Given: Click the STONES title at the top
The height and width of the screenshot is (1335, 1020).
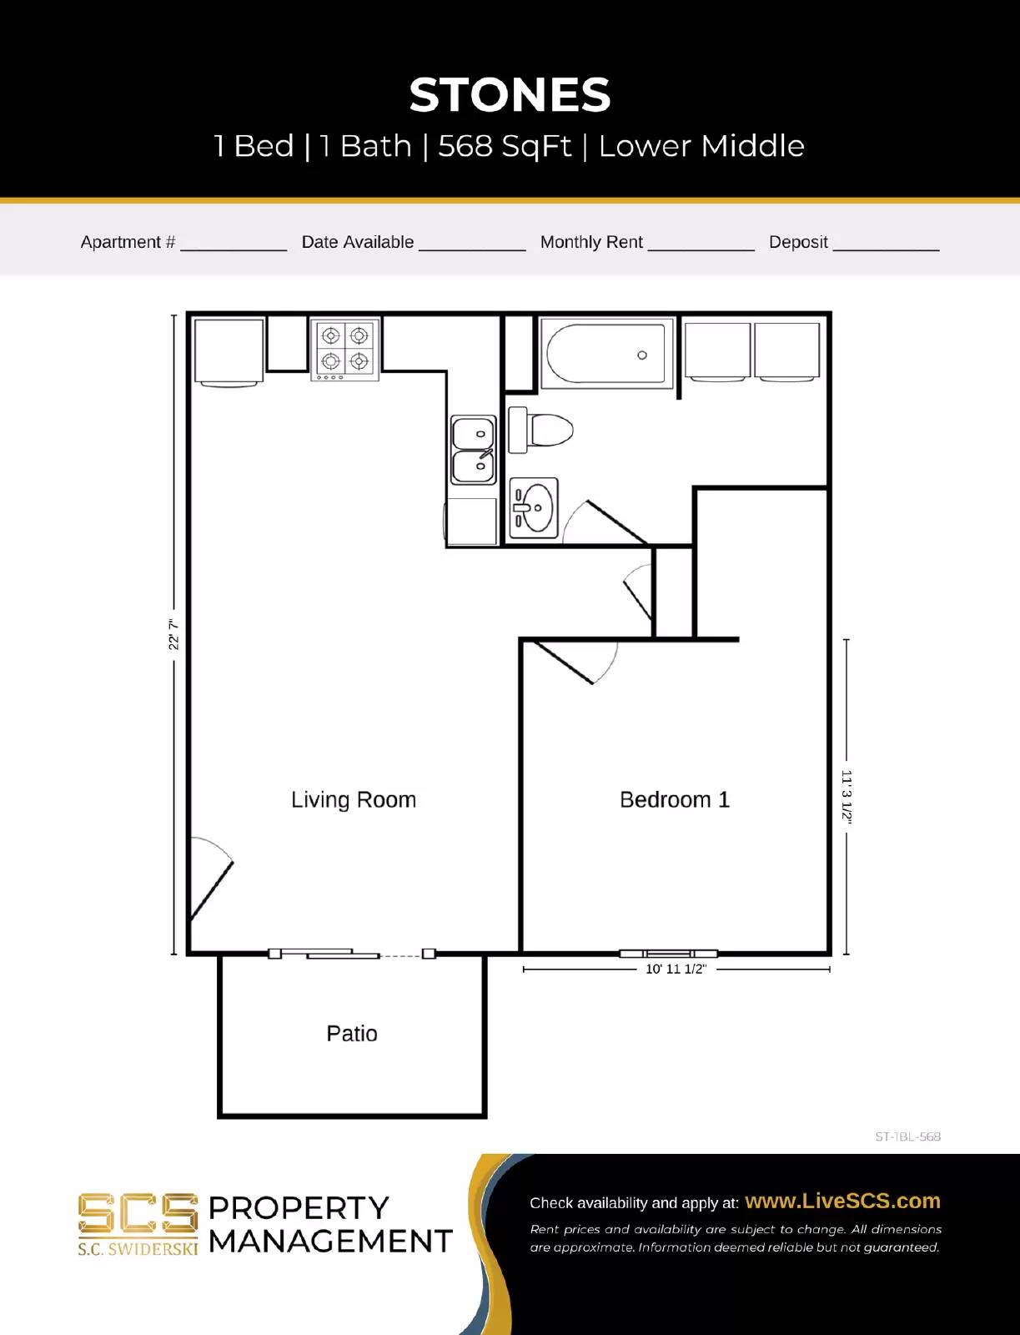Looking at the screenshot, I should point(510,95).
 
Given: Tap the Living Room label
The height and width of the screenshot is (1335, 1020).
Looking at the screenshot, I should point(354,799).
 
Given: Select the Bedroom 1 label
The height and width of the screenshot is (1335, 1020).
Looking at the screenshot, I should point(674,799).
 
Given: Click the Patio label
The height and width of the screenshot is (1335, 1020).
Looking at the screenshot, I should point(351,1033).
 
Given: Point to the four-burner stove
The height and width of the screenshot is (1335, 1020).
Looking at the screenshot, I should point(345,349).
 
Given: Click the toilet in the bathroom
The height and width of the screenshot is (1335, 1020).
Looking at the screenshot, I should point(540,430).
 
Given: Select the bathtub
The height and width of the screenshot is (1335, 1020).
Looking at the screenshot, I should point(606,355).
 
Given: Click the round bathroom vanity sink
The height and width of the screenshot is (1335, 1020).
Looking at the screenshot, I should point(534,507).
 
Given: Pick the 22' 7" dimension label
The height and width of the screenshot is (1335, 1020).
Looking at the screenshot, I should point(173,634).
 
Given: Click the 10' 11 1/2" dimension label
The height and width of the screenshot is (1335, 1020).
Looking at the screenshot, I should point(676,969).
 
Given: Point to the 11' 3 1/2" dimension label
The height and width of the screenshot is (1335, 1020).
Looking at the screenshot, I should point(847,797).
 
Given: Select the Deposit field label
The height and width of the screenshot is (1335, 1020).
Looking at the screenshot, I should point(797,242).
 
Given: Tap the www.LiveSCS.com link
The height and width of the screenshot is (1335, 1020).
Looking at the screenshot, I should point(842,1201).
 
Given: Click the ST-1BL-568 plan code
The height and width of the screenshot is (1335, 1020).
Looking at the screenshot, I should point(907,1136).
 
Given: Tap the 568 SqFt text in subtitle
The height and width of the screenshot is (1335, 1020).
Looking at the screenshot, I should point(505,146).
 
